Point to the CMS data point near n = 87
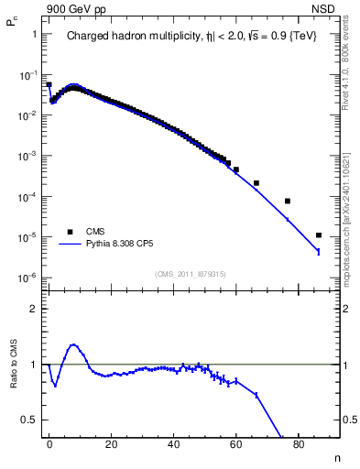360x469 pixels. (318, 235)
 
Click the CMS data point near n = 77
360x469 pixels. (288, 201)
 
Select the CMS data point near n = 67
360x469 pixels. (256, 183)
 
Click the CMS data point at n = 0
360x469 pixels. (49, 84)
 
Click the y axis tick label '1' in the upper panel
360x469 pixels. (34, 34)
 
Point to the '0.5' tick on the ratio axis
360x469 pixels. (29, 420)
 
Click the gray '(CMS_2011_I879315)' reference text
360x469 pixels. (191, 274)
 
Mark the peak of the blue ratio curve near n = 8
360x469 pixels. (73, 345)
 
